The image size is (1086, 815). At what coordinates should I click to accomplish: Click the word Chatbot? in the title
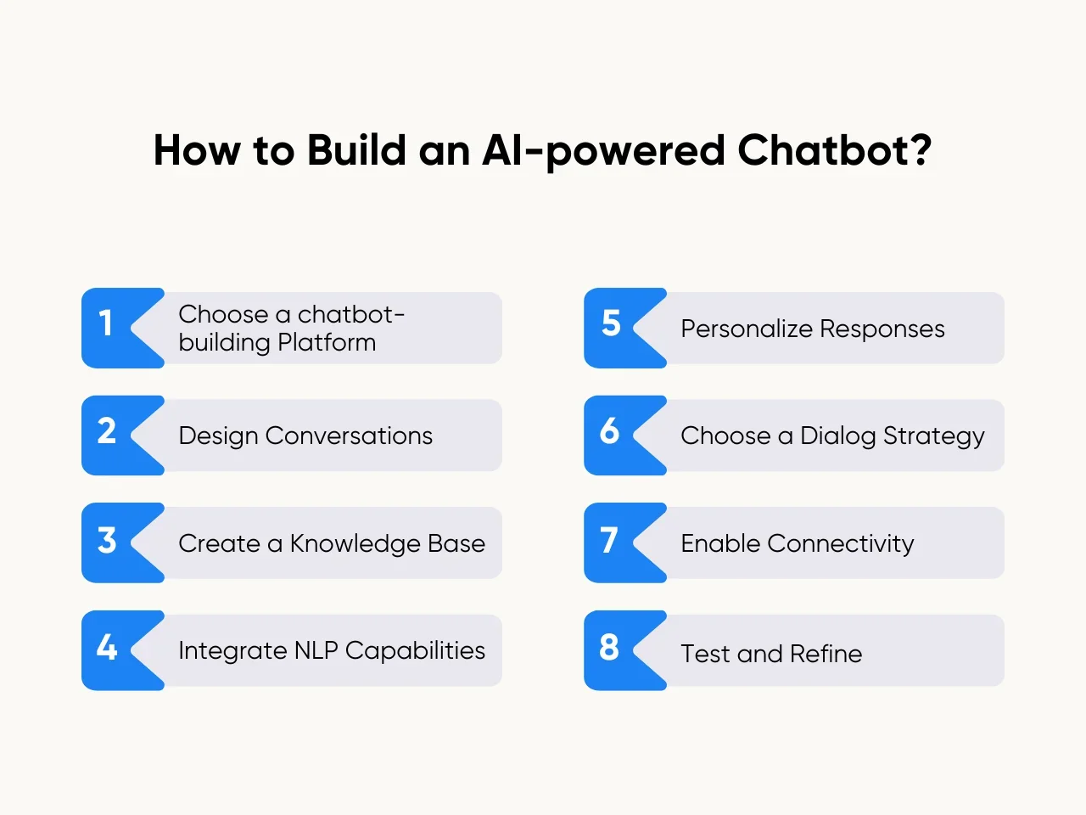pos(835,150)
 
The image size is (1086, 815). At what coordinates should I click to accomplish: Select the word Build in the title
pos(356,150)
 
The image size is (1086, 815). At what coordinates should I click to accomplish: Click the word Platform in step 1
pos(327,343)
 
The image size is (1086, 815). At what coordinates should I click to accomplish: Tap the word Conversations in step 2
pos(349,436)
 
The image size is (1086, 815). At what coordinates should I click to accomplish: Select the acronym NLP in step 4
pos(316,650)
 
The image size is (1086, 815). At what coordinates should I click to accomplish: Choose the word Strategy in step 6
pos(934,437)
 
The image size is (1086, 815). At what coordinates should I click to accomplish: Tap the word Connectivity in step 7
pos(841,544)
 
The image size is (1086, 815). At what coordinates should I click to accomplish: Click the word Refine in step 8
pos(826,654)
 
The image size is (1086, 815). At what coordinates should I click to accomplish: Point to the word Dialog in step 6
pos(838,437)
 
